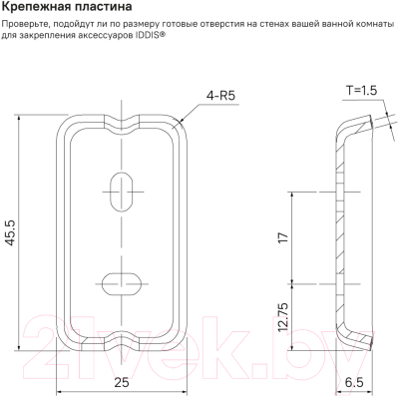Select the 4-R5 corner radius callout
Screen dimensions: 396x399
220,96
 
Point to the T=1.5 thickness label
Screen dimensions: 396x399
364,91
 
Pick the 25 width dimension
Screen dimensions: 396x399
122,380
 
